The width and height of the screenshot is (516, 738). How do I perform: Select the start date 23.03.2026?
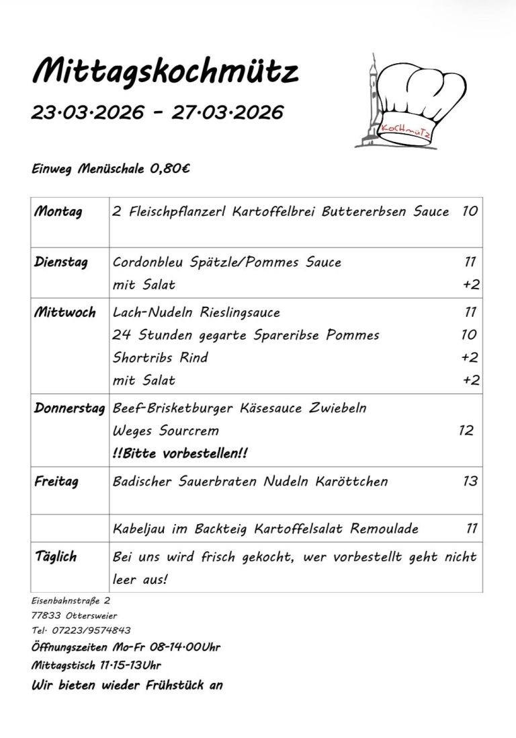87,112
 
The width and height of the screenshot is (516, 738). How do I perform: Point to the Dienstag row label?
60,262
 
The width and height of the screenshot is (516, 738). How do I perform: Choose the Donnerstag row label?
70,408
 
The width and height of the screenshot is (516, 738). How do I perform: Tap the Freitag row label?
56,482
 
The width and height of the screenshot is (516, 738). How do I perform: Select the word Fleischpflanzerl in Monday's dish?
175,212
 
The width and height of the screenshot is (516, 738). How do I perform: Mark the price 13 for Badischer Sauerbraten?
470,482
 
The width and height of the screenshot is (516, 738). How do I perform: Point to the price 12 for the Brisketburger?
466,431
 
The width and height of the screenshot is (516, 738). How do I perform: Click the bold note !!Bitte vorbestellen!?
179,453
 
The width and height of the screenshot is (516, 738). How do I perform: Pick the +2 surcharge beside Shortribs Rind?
470,358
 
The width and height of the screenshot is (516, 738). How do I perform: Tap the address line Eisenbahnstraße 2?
71,599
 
